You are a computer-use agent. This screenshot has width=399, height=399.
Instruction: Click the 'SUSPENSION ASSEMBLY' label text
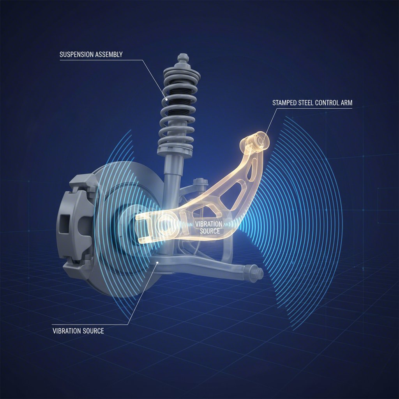[x=91, y=55]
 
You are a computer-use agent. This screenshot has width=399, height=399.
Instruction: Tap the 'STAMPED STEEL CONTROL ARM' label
[x=312, y=104]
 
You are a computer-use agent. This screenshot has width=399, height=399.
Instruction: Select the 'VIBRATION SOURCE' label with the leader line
[x=78, y=331]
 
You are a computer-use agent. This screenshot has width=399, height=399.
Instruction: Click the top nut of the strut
[x=182, y=58]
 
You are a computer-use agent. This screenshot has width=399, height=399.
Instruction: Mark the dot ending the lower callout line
[x=157, y=263]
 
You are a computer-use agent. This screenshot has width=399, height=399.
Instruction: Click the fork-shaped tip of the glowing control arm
[x=142, y=230]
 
